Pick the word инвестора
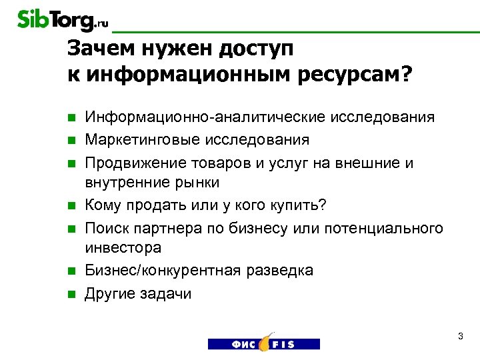[x=123, y=248]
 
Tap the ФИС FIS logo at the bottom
[x=263, y=341]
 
